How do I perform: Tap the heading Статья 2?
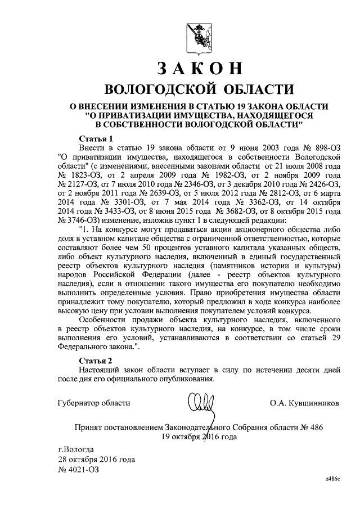(96, 359)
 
